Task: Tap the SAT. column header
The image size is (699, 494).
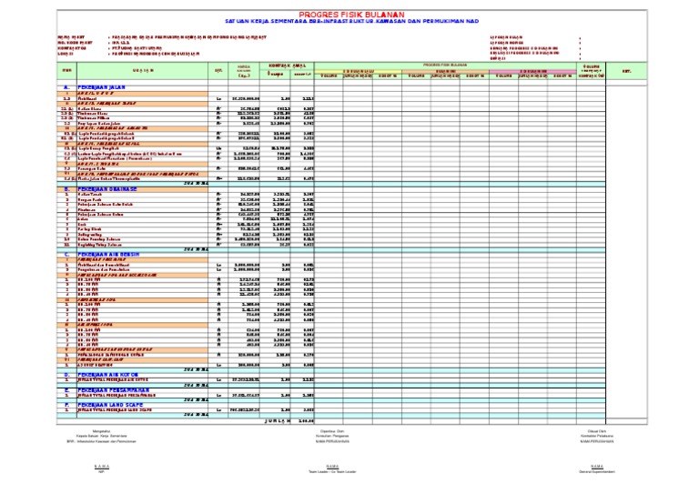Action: coord(218,69)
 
